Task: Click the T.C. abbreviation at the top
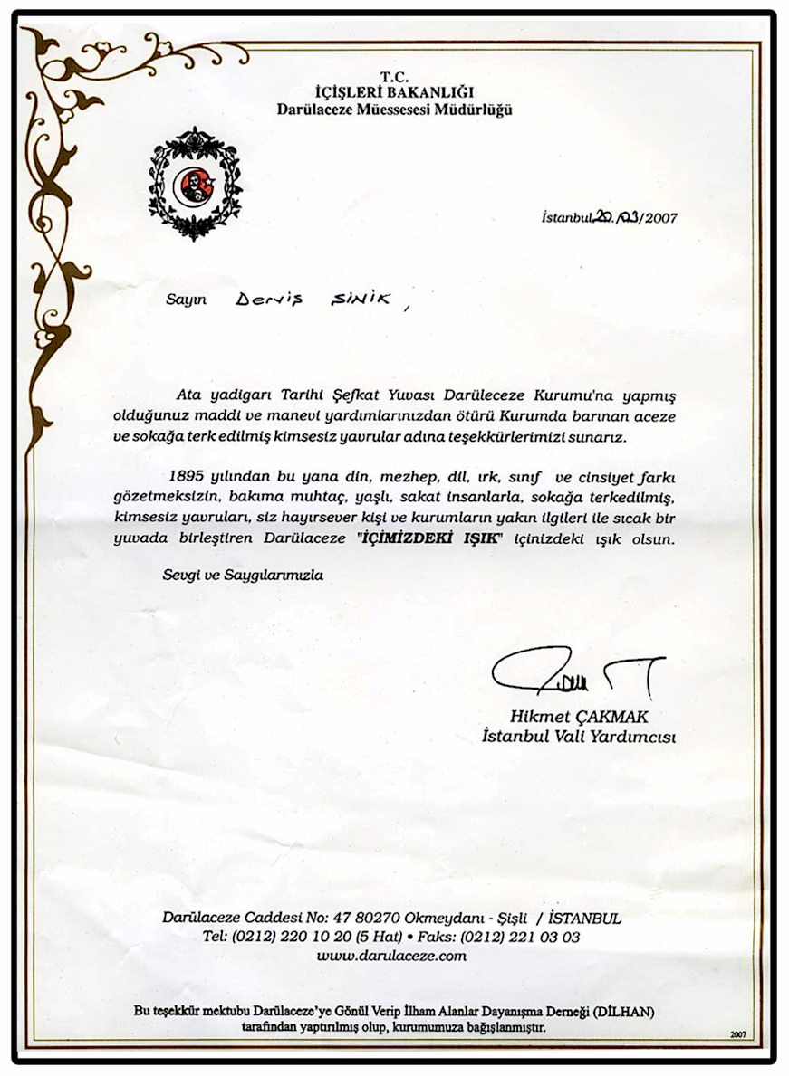[394, 77]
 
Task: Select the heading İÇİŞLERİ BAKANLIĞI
[394, 92]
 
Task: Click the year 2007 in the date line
[658, 217]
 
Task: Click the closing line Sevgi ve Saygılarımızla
[242, 575]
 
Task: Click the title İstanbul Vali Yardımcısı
[579, 737]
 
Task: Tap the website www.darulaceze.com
[391, 955]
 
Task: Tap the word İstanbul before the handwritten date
[566, 217]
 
